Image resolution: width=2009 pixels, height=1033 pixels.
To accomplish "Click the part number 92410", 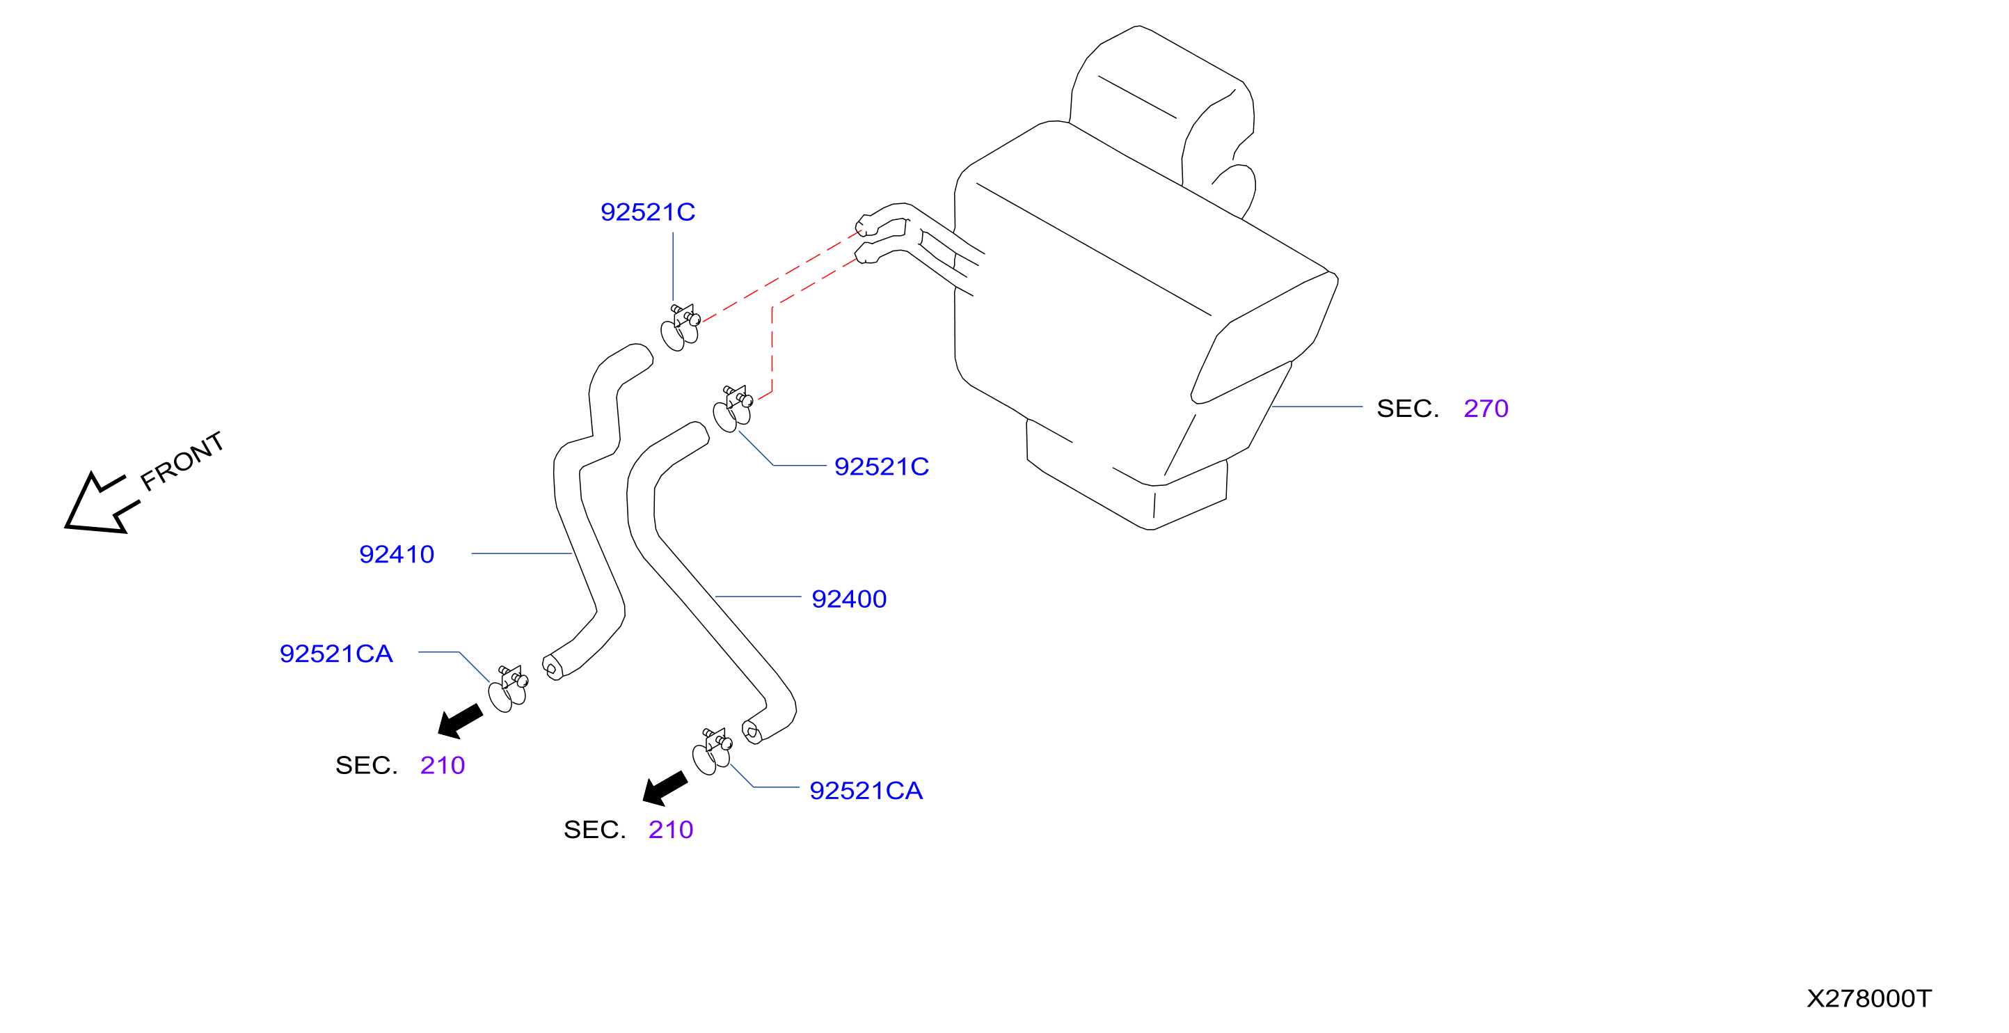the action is [396, 554].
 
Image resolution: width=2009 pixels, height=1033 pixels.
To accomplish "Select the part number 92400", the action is [848, 599].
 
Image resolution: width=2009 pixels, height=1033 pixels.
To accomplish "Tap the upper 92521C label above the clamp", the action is [647, 212].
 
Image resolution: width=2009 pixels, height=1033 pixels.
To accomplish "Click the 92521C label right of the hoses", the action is [881, 466].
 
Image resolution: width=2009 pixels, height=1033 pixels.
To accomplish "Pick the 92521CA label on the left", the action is [336, 654].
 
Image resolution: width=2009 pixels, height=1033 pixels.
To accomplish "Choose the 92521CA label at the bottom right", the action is [866, 790].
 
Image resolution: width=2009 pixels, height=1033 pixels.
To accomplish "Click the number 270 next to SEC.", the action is [1486, 408].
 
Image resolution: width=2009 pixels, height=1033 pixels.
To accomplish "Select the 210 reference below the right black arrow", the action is [671, 829].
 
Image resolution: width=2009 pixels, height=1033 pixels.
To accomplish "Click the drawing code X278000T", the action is [1868, 999].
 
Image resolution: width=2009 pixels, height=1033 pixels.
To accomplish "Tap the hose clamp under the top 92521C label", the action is [681, 328].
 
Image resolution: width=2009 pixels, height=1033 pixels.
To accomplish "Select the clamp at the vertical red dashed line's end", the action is [733, 409].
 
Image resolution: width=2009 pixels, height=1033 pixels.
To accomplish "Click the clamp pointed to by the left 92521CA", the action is [509, 690].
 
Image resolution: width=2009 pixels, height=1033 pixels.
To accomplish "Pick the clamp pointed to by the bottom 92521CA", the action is [712, 752].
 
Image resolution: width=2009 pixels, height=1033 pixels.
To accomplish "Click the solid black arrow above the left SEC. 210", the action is [460, 721].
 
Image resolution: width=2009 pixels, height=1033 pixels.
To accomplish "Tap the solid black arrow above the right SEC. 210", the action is [665, 788].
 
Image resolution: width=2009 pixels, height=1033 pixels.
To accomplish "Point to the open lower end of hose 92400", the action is [751, 732].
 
